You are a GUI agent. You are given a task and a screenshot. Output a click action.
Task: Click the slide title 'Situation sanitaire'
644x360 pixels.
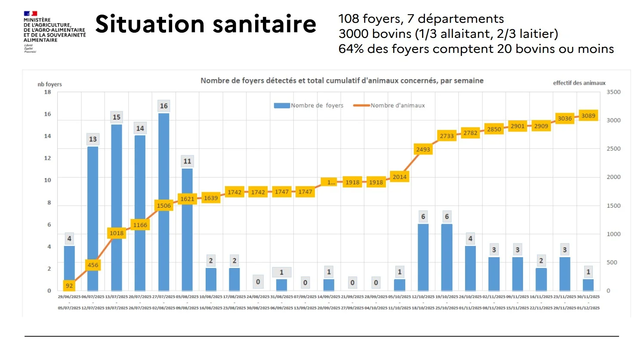tap(206, 24)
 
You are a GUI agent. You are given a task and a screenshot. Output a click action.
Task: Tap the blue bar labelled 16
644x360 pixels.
tap(163, 202)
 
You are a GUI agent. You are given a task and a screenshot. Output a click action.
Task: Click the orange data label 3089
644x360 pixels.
tap(588, 116)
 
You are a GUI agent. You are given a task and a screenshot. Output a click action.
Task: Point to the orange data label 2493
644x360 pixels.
tap(423, 149)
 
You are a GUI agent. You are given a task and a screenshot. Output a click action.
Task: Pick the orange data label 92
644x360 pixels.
tap(69, 286)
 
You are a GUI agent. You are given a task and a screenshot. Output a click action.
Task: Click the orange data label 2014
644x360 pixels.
tap(399, 177)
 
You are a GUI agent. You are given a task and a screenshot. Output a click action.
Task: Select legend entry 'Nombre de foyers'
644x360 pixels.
tap(309, 105)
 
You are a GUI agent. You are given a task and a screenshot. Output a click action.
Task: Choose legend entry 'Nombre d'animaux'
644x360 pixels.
tap(389, 105)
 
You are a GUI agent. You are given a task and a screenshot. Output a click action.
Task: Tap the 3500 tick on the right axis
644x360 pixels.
tap(613, 92)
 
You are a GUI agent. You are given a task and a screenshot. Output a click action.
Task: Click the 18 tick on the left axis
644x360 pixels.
tap(47, 92)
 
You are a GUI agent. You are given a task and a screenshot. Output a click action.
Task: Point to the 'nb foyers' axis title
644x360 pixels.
tap(49, 84)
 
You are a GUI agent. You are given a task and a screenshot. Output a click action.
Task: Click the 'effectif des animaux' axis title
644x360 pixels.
tap(579, 83)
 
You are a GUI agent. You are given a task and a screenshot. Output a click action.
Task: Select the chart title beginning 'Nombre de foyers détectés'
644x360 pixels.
tap(342, 80)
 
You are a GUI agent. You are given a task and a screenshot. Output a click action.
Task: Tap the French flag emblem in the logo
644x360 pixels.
tap(31, 14)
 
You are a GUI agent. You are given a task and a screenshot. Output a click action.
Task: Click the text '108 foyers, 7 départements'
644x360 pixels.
tap(421, 19)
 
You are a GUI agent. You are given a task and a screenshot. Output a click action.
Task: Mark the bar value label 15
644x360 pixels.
tap(116, 117)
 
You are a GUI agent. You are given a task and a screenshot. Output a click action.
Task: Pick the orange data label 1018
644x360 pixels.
tap(116, 233)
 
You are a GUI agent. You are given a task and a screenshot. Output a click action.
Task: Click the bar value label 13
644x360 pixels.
tap(93, 139)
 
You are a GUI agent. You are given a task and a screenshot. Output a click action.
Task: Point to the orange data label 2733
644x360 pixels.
tap(447, 136)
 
